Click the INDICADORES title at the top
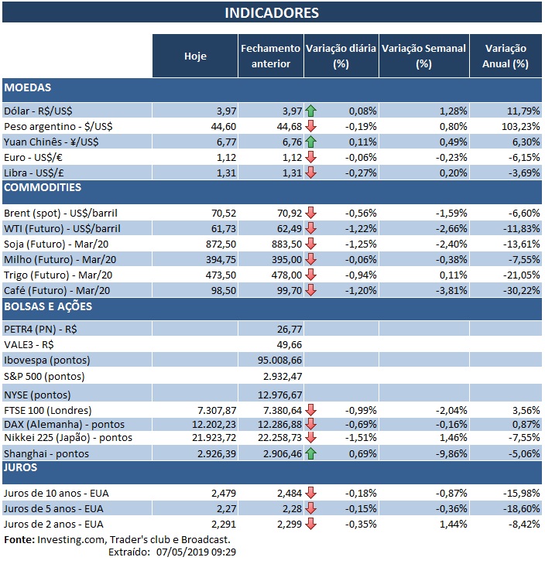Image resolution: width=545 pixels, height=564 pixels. tap(271, 13)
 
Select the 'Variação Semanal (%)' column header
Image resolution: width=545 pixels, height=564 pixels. tap(423, 56)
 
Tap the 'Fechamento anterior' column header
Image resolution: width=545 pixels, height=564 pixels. tap(270, 56)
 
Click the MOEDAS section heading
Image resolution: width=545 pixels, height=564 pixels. tap(28, 88)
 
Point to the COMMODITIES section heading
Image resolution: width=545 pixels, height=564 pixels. tap(43, 187)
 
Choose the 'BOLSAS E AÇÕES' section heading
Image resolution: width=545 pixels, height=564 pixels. tap(48, 306)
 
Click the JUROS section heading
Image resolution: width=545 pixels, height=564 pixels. tap(22, 467)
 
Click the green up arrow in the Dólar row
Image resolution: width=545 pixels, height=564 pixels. tap(311, 111)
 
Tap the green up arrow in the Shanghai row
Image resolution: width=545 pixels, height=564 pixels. tap(311, 453)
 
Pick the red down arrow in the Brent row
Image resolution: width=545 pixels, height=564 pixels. tap(311, 213)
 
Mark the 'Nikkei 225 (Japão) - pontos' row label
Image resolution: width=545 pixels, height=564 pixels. tap(68, 438)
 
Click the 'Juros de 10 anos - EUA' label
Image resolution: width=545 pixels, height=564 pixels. tap(57, 493)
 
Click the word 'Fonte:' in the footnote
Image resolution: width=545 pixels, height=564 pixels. tap(19, 539)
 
